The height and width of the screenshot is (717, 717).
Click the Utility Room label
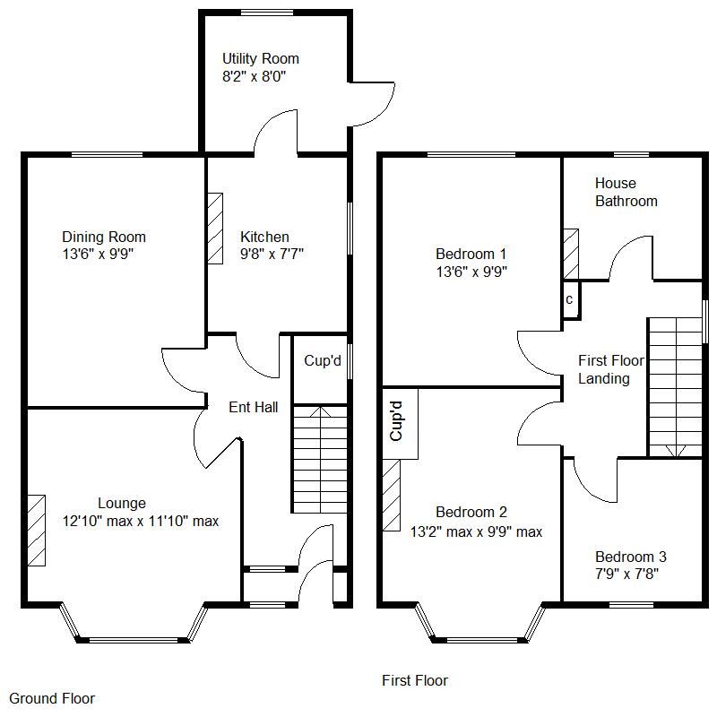pyautogui.click(x=261, y=58)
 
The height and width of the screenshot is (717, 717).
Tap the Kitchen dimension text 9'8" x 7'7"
pyautogui.click(x=272, y=254)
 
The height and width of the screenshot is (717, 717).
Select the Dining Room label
pyautogui.click(x=104, y=237)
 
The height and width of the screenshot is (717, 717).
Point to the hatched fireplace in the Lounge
pyautogui.click(x=37, y=531)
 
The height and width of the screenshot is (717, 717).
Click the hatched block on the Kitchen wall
pyautogui.click(x=215, y=229)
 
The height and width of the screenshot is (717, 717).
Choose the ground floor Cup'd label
pyautogui.click(x=323, y=361)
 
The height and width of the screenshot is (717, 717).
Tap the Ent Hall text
pyautogui.click(x=254, y=407)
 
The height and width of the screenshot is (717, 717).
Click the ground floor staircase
pyautogui.click(x=320, y=459)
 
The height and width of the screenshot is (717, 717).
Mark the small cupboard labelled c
pyautogui.click(x=571, y=300)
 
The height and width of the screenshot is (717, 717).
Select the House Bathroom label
pyautogui.click(x=626, y=192)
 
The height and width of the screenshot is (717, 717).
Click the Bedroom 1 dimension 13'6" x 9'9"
pyautogui.click(x=471, y=272)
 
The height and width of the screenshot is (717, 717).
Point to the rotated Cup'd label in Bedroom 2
pyautogui.click(x=396, y=421)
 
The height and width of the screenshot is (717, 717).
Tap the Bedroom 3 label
pyautogui.click(x=631, y=557)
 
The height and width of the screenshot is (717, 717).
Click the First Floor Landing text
pyautogui.click(x=611, y=369)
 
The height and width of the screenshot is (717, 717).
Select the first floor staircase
pyautogui.click(x=676, y=387)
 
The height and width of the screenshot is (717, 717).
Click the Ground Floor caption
pyautogui.click(x=52, y=698)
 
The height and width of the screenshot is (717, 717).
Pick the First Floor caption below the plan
pyautogui.click(x=415, y=680)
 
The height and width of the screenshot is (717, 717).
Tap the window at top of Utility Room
pyautogui.click(x=267, y=13)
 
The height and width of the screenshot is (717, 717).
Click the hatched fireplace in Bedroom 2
pyautogui.click(x=392, y=496)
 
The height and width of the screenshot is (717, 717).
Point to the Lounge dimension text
pyautogui.click(x=141, y=522)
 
